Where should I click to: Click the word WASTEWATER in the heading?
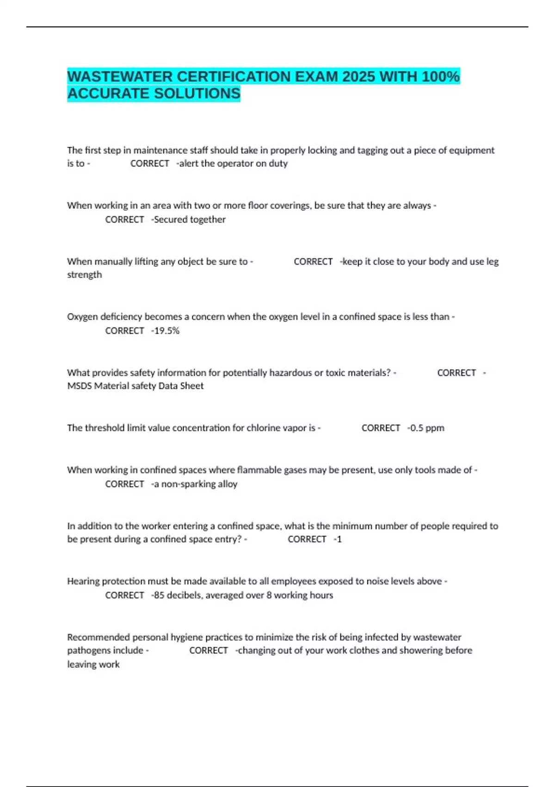click(120, 76)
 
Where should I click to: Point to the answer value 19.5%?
click(166, 331)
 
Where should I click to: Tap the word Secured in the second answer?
click(170, 219)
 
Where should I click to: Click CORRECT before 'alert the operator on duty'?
click(149, 163)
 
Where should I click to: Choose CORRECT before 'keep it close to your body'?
click(313, 262)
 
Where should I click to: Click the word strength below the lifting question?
click(84, 275)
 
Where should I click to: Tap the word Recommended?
click(98, 637)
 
